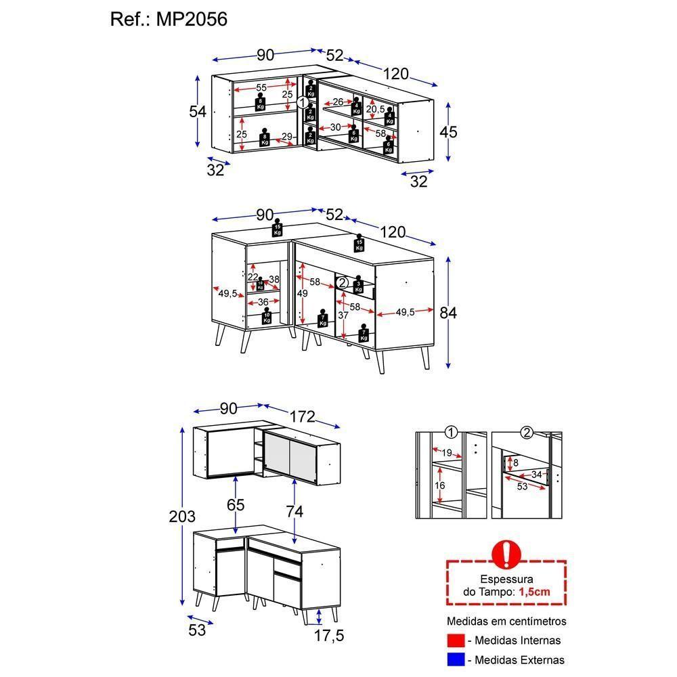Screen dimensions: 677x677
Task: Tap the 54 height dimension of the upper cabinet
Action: coord(197,111)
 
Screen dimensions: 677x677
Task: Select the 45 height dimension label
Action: coord(448,131)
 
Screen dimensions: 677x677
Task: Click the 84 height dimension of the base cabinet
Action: coord(448,312)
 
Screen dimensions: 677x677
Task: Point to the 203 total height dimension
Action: coord(181,517)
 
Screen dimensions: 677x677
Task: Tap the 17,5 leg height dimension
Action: coord(330,635)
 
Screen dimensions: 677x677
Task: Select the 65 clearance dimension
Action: coord(236,505)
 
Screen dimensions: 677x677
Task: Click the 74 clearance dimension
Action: coord(294,512)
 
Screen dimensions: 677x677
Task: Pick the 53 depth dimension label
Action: coord(197,630)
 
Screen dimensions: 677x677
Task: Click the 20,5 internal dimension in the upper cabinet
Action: coord(376,110)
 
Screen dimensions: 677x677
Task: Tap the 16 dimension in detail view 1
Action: coord(440,485)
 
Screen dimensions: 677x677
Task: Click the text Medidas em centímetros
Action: coord(506,621)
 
